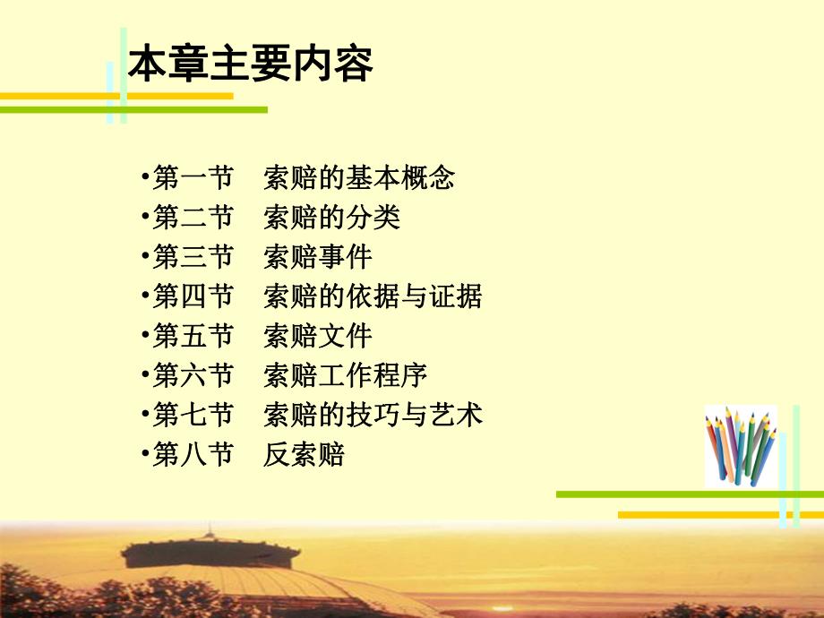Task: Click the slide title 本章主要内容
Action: click(251, 65)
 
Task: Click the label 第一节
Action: click(193, 177)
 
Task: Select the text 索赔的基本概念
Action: click(359, 177)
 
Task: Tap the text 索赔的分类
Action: click(332, 218)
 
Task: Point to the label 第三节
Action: click(193, 258)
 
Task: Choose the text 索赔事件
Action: click(318, 258)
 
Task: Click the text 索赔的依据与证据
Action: click(373, 296)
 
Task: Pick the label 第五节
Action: click(193, 336)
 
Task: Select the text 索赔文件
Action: click(318, 336)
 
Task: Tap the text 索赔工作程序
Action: click(346, 375)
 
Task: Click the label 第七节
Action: click(193, 415)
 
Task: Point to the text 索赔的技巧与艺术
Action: click(373, 415)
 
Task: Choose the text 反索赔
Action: click(305, 455)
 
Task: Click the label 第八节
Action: click(193, 455)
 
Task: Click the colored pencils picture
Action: click(740, 446)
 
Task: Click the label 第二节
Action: click(193, 218)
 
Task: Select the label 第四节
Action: click(193, 296)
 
